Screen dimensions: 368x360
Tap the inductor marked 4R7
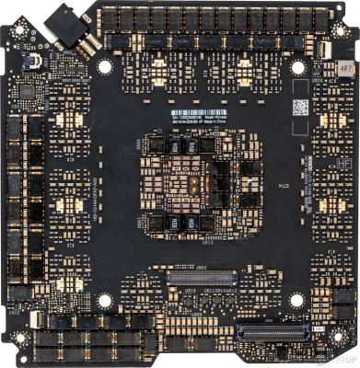[343, 68]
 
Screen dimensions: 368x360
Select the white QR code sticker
[302, 106]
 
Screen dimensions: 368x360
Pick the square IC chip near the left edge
[28, 91]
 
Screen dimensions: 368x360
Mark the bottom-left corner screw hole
[19, 338]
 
